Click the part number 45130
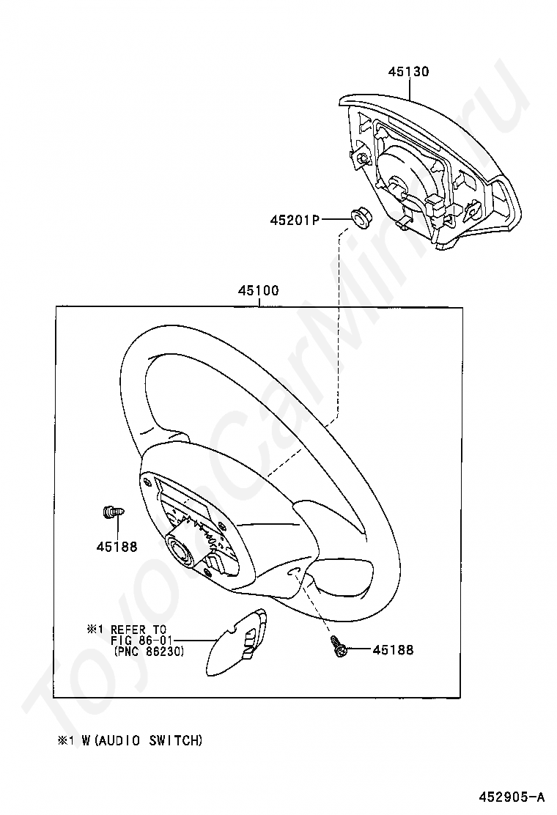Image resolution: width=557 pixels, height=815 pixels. (x=409, y=72)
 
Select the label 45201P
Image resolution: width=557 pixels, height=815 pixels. (x=295, y=219)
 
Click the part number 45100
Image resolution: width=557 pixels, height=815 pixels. (x=258, y=290)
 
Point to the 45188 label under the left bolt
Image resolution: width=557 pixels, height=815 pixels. (x=116, y=546)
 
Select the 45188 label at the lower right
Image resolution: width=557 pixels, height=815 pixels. (x=393, y=650)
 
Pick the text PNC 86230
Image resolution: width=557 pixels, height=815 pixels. (x=149, y=651)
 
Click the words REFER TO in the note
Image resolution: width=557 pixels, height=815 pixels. (x=139, y=630)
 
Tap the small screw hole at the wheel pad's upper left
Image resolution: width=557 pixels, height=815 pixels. (x=150, y=483)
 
